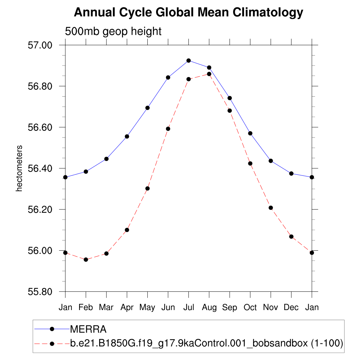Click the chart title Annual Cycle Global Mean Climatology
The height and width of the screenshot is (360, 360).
[x=188, y=13]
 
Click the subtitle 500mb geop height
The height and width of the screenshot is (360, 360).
[x=113, y=31]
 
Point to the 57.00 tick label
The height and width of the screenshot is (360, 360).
[x=40, y=45]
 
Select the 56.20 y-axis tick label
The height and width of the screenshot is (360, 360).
[x=40, y=210]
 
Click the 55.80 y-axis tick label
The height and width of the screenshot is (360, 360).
[x=40, y=292]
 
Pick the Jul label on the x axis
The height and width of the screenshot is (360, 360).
[x=188, y=308]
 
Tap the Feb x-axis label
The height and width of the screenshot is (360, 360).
[x=86, y=308]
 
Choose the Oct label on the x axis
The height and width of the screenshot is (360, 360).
[x=250, y=308]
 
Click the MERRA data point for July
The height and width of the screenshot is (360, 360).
[x=188, y=60]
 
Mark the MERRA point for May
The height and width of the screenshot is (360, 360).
[x=148, y=108]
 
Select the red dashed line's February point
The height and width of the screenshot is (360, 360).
[x=86, y=259]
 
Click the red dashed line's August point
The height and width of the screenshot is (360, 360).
[x=209, y=74]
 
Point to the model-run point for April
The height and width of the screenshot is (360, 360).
[x=127, y=230]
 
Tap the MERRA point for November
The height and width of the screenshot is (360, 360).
[x=271, y=161]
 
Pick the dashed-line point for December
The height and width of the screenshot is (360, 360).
[x=291, y=237]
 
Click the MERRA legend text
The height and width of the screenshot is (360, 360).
[x=88, y=329]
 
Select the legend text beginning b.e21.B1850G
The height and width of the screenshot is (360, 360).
[x=207, y=343]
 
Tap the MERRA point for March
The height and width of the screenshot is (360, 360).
[x=106, y=159]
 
